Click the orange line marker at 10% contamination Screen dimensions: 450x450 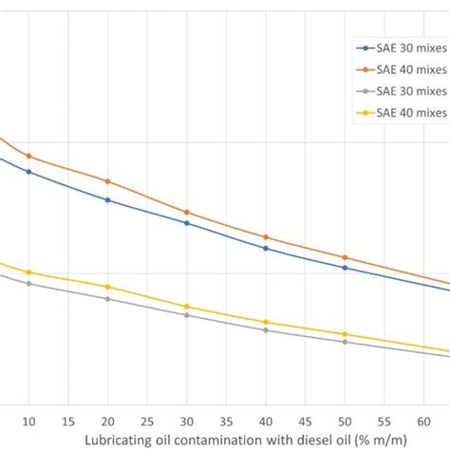pyautogui.click(x=28, y=156)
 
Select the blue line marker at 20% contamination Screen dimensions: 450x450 pyautogui.click(x=107, y=200)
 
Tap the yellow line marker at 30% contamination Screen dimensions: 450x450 pyautogui.click(x=186, y=307)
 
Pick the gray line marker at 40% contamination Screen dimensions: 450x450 pyautogui.click(x=266, y=330)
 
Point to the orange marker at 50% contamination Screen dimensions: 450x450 pyautogui.click(x=345, y=257)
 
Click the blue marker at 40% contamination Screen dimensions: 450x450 pyautogui.click(x=266, y=248)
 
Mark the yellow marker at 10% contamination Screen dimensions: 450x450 pyautogui.click(x=28, y=272)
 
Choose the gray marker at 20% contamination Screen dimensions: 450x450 pyautogui.click(x=107, y=299)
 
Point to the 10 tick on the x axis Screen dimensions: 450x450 pyautogui.click(x=28, y=420)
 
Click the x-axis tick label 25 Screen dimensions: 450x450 pyautogui.click(x=147, y=420)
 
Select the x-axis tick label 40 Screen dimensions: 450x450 pyautogui.click(x=266, y=420)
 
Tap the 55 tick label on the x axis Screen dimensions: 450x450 pyautogui.click(x=384, y=420)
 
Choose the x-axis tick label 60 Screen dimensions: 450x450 pyautogui.click(x=423, y=420)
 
